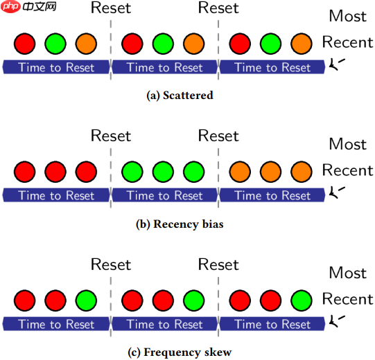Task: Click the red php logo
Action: [11, 6]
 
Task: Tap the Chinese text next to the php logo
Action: [40, 6]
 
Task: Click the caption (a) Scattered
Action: [180, 96]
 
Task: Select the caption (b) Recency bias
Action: [180, 224]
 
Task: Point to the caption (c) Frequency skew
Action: [180, 352]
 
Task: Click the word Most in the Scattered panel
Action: [348, 16]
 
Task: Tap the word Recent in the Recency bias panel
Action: [348, 170]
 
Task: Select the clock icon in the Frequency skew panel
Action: [337, 321]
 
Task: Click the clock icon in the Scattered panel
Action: [337, 64]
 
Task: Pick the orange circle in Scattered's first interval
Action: [86, 44]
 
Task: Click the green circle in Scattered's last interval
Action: [271, 44]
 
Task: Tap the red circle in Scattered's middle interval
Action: [132, 44]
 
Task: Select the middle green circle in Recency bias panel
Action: [163, 172]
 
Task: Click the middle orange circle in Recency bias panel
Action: [271, 172]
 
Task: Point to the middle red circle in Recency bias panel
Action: [55, 172]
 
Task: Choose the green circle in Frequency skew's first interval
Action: [86, 300]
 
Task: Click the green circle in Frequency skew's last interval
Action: [302, 300]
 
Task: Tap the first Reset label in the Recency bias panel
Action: [111, 136]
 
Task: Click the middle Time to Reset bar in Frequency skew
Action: [164, 324]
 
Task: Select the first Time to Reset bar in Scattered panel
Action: [56, 67]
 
